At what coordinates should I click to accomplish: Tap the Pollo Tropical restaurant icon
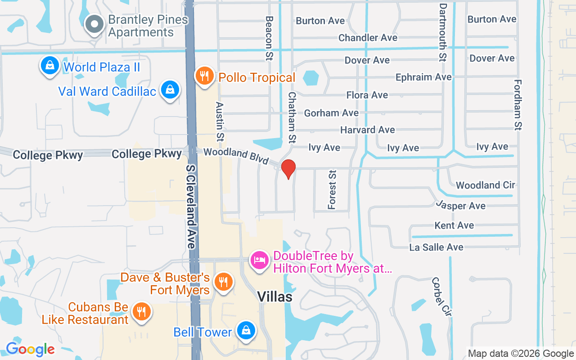pos(205,76)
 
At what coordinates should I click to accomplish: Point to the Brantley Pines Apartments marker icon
pos(94,25)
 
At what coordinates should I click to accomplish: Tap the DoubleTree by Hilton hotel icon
pos(260,261)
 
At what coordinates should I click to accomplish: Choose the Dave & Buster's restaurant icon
pos(223,282)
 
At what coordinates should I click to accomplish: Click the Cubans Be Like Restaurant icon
pos(142,311)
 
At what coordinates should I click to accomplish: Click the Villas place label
pos(274,297)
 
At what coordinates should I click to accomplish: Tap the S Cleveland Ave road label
pos(192,206)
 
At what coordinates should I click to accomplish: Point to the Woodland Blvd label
pos(236,156)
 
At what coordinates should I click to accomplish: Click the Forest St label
pos(332,189)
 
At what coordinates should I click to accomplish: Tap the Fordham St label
pos(517,105)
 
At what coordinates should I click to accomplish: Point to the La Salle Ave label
pos(436,247)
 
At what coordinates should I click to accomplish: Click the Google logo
pos(30,349)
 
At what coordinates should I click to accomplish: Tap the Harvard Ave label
pos(367,130)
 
